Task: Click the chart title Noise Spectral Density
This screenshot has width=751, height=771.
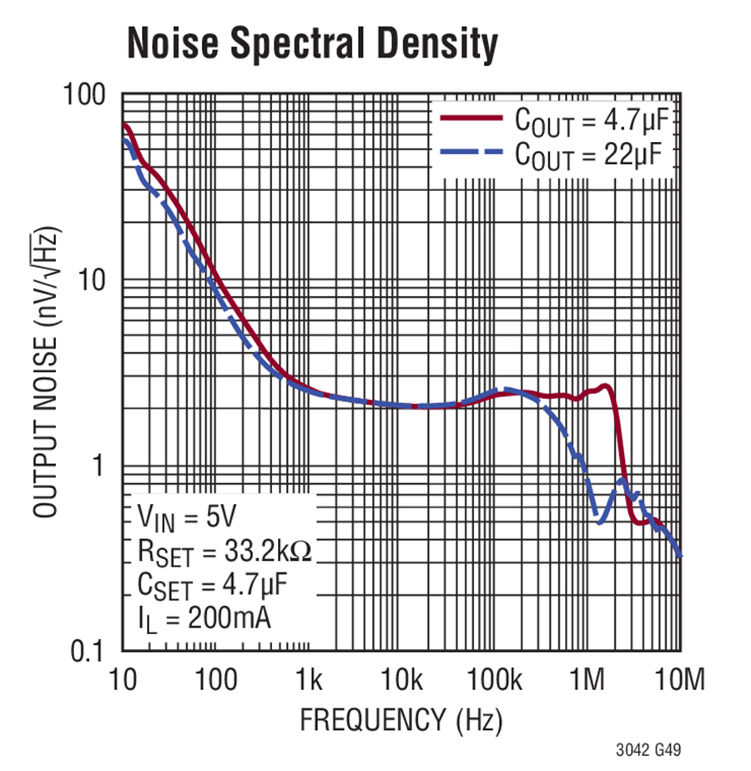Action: click(312, 44)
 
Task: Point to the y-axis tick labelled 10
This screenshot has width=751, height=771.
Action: click(98, 281)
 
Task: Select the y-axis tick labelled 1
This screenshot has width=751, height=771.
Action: click(107, 466)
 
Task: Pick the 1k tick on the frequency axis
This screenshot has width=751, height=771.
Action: click(310, 680)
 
